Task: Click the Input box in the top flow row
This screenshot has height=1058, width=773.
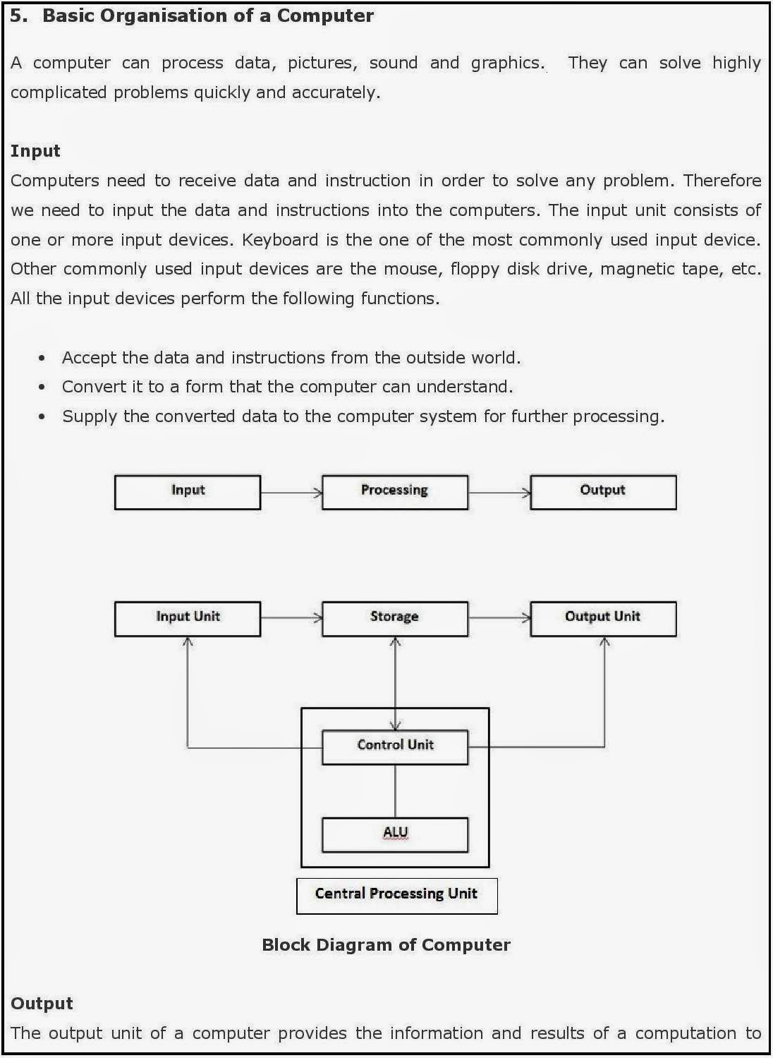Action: click(188, 492)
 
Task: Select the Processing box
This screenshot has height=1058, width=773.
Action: click(395, 492)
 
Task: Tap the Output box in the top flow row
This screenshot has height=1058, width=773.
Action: click(603, 492)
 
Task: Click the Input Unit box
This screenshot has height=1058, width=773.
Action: click(188, 618)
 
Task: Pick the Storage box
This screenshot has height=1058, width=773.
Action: click(395, 618)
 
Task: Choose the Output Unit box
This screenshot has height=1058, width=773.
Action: click(603, 618)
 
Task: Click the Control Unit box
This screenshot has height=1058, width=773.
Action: click(395, 747)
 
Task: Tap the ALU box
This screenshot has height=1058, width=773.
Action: click(395, 834)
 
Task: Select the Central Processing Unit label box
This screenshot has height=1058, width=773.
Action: click(396, 895)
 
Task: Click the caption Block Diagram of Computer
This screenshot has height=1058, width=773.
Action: click(386, 945)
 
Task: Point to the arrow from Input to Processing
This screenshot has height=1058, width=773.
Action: click(291, 493)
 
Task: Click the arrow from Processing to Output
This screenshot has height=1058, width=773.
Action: click(499, 493)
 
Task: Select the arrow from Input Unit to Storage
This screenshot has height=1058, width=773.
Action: click(291, 618)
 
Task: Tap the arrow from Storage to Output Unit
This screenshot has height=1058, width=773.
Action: click(499, 618)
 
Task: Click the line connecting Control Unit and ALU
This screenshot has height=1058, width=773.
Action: click(395, 791)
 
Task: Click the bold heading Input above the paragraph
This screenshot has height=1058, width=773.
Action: click(35, 151)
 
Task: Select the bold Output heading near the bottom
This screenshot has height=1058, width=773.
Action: click(42, 1004)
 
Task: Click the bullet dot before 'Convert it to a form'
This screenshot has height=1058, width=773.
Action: click(42, 387)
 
